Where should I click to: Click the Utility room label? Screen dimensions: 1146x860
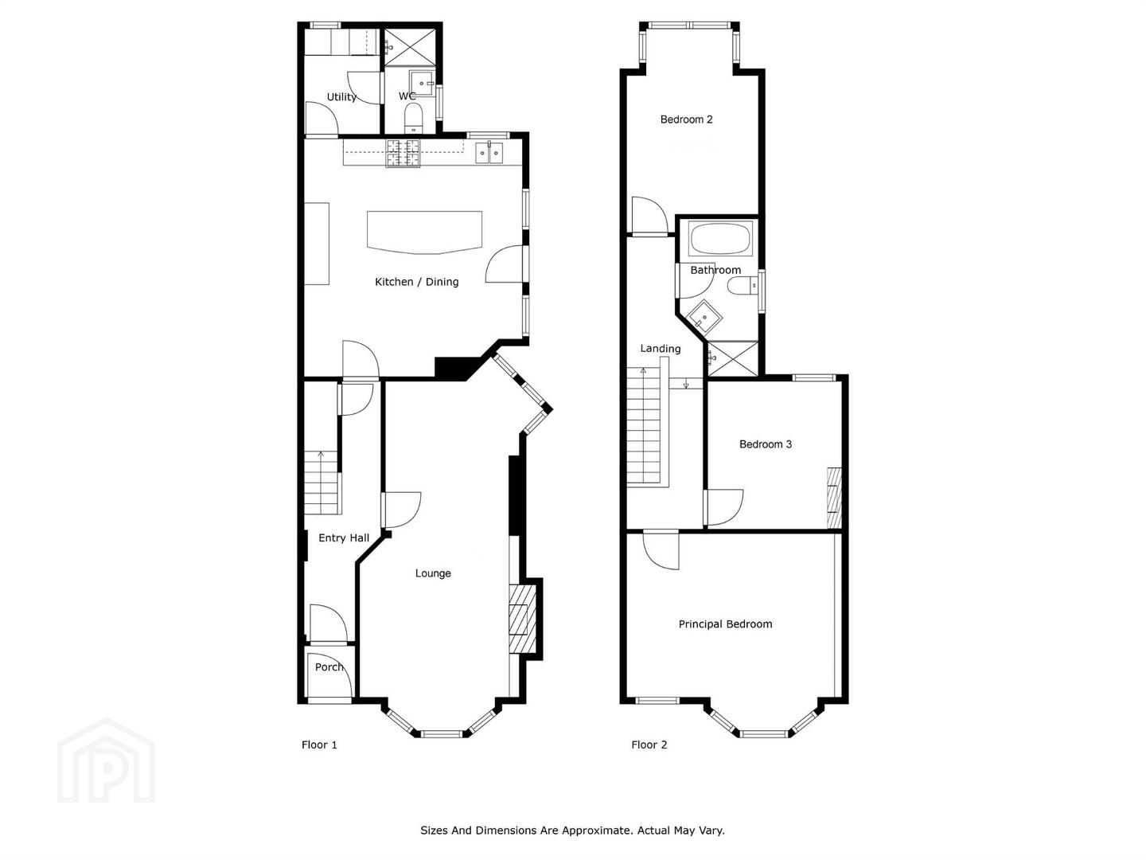click(x=341, y=97)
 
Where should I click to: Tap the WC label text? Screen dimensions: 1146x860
click(x=407, y=96)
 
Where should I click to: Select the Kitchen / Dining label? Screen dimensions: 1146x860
click(x=417, y=282)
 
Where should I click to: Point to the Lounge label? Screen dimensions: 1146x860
click(x=433, y=573)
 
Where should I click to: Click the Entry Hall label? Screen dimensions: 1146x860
click(x=344, y=537)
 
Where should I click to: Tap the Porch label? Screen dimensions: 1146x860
click(x=329, y=667)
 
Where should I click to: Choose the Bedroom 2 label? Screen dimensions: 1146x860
click(x=686, y=119)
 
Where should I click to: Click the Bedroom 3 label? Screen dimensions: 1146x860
click(x=766, y=444)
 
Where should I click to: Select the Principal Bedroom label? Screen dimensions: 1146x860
click(x=725, y=624)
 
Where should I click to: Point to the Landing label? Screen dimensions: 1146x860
click(x=661, y=348)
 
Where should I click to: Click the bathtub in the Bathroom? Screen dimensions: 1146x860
click(x=720, y=239)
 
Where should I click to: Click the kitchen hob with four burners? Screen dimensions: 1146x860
click(x=403, y=153)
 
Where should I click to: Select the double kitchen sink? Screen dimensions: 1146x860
click(x=489, y=152)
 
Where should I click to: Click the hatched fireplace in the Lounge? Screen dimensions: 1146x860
click(x=523, y=618)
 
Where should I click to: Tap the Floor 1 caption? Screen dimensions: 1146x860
click(x=319, y=745)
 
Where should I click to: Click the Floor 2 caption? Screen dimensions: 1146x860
click(x=649, y=745)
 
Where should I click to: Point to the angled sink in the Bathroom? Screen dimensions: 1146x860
click(x=704, y=316)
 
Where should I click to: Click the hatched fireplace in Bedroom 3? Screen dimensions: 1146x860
click(x=834, y=497)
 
